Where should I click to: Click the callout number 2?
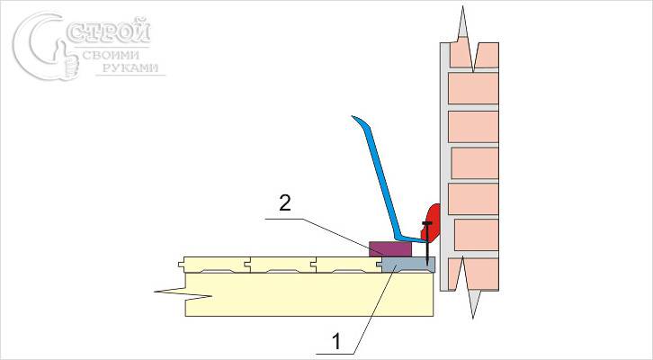pos(284,204)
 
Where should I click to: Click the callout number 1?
pos(336,341)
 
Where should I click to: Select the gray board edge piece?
pos(407,264)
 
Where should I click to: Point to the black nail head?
pos(426,221)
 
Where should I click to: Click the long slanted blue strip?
pos(380,179)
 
